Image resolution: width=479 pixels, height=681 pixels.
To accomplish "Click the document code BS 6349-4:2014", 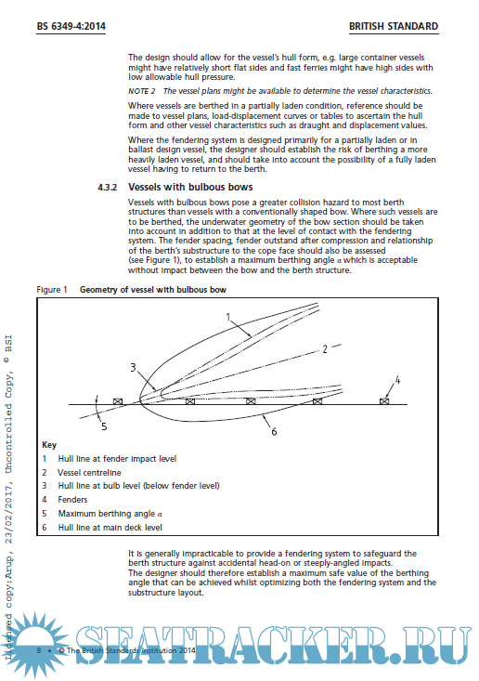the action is (71, 27).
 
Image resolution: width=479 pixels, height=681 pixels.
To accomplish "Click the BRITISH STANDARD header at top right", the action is (394, 27).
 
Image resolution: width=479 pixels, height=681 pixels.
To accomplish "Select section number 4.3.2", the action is (107, 188).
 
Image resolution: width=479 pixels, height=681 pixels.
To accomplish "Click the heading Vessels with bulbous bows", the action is (190, 187).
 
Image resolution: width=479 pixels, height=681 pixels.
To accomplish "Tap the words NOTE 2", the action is (141, 91).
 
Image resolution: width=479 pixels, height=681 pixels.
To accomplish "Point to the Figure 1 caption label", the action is (52, 290).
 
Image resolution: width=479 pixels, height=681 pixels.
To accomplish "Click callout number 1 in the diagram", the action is (228, 317).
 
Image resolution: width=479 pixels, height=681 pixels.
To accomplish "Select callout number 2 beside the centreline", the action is (325, 349).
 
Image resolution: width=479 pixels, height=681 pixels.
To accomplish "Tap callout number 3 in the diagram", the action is (133, 367).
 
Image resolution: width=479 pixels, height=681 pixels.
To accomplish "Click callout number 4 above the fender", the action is (397, 380).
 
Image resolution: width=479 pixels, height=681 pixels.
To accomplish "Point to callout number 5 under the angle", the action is (104, 426).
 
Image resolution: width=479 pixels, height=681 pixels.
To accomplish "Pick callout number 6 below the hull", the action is (274, 431).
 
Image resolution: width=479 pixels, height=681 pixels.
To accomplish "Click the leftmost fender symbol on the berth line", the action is (118, 401).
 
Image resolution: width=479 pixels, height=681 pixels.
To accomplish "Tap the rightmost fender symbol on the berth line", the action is (384, 401).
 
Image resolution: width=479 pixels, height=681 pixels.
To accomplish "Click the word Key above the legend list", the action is (49, 445).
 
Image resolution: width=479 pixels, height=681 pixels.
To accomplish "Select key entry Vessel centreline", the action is (89, 473).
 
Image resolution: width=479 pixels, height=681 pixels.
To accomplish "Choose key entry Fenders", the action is (73, 500).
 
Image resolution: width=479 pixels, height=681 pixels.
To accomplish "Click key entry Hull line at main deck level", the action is (110, 528).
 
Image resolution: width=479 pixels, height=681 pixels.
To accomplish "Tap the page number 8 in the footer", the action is (39, 650).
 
